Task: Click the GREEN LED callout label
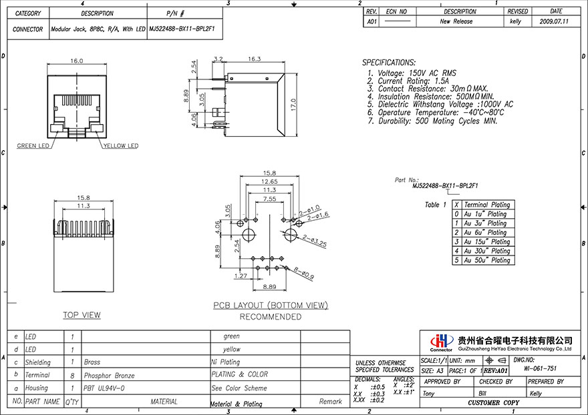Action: tap(32, 145)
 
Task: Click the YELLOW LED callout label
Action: tap(120, 145)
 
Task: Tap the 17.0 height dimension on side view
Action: tap(293, 105)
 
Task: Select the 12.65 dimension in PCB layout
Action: tap(269, 181)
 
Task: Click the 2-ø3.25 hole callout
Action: tap(313, 241)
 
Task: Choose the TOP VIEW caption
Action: tap(82, 315)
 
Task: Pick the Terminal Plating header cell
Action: tap(486, 205)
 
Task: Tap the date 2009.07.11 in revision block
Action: tap(554, 21)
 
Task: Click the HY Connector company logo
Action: tap(440, 341)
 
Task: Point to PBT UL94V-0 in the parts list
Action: tap(104, 388)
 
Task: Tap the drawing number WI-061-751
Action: tap(540, 368)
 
